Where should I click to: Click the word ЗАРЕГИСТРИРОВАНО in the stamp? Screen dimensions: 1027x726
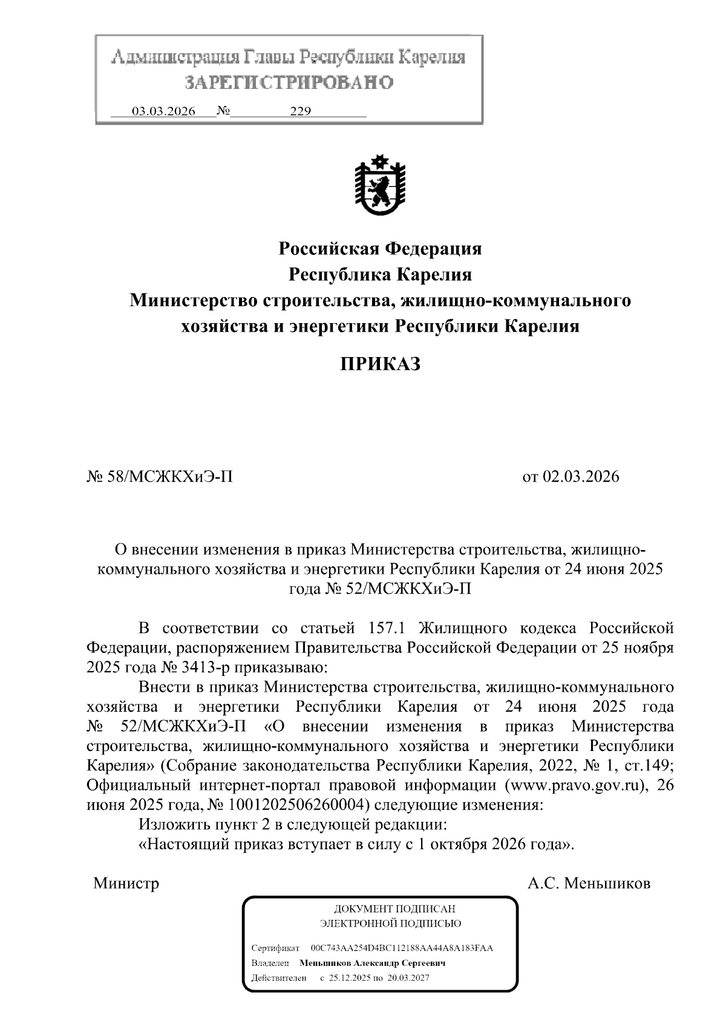(x=289, y=82)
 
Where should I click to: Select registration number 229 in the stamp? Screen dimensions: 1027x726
(x=300, y=112)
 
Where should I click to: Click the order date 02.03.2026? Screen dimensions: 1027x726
(x=581, y=477)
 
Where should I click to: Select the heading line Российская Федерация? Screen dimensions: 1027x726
(x=379, y=248)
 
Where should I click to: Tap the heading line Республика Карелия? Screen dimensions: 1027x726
(x=379, y=275)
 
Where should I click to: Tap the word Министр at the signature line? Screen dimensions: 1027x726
(x=126, y=883)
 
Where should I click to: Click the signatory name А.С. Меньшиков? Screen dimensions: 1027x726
(x=589, y=883)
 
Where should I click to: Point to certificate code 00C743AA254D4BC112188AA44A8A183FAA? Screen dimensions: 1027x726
(x=401, y=948)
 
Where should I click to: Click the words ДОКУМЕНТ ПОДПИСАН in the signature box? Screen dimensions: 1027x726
(x=394, y=909)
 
